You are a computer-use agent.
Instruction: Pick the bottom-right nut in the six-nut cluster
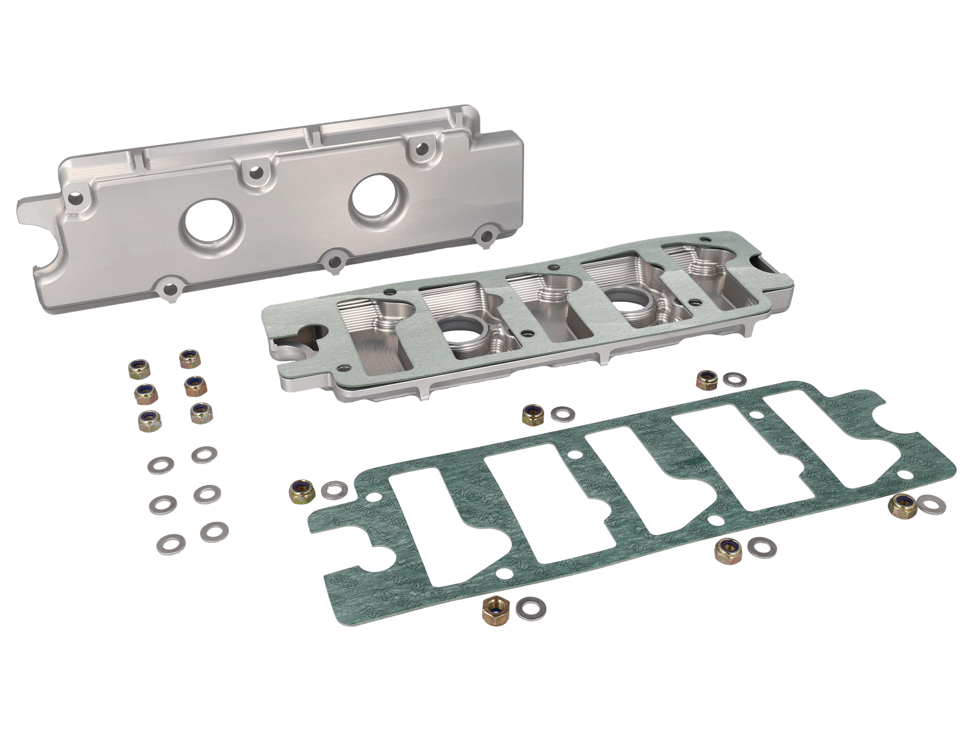tap(200, 413)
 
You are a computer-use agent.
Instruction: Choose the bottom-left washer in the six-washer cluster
tap(171, 542)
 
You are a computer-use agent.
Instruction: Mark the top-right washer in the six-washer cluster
tap(204, 454)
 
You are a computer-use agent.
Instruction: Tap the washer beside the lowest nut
tap(530, 607)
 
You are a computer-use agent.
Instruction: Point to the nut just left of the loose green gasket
tap(303, 490)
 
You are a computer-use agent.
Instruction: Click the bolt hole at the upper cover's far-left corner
tap(75, 198)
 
